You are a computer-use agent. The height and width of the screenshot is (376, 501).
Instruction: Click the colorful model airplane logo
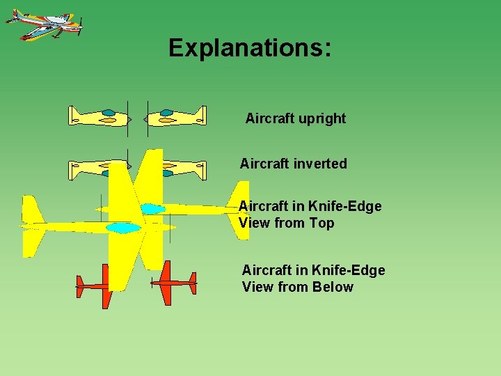(x=44, y=24)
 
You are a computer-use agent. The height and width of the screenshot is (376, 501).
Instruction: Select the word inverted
(x=321, y=164)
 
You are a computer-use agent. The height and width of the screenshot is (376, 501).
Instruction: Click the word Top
(x=322, y=224)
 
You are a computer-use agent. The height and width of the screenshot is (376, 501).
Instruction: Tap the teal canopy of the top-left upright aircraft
(x=109, y=112)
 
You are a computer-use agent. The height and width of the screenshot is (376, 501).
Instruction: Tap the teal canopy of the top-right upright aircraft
(x=167, y=112)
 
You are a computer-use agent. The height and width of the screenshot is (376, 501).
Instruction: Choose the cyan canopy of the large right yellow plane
(x=152, y=208)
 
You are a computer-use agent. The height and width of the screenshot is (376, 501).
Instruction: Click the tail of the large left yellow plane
(x=33, y=226)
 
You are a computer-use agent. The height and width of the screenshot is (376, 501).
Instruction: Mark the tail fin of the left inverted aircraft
(x=74, y=169)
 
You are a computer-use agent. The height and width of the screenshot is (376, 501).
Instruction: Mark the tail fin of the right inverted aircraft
(x=200, y=169)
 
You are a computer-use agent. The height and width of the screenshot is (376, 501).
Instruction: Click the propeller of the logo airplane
(x=81, y=28)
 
